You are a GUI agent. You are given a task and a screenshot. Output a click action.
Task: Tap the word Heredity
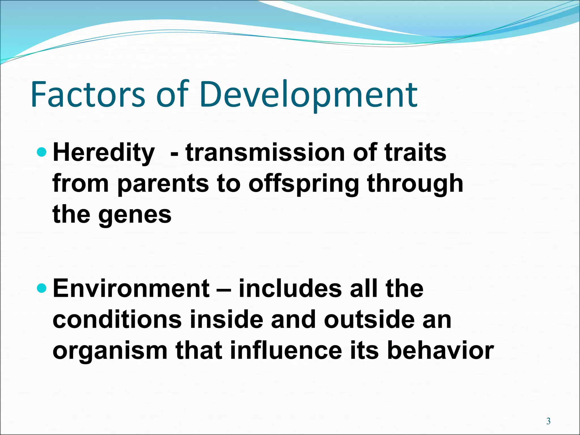[x=104, y=153]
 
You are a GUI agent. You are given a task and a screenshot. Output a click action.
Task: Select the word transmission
[x=265, y=153]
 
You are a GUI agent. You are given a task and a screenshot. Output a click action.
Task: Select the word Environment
[x=131, y=289]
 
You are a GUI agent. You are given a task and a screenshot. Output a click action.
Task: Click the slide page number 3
[x=548, y=421]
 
